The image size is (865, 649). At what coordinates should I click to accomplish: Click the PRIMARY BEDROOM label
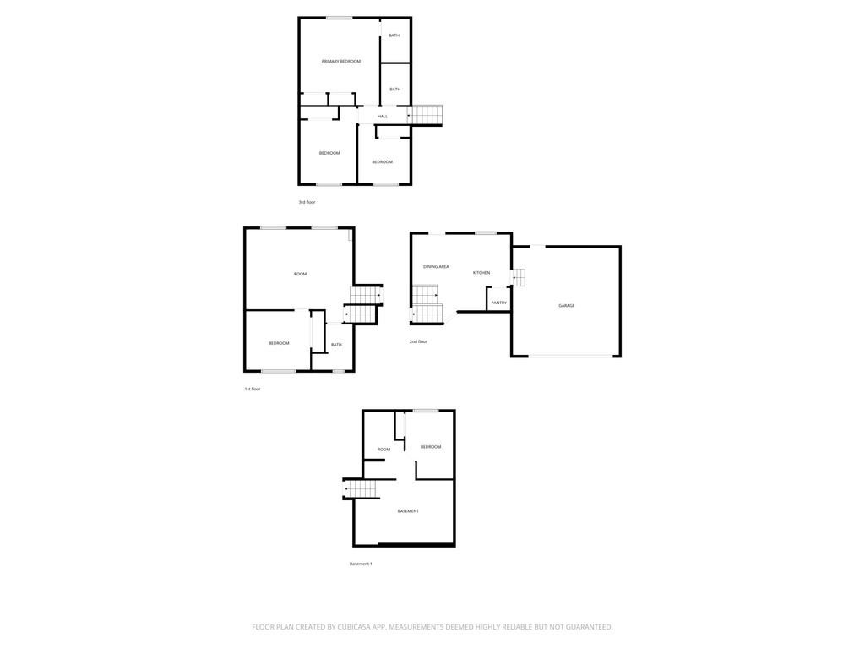pyautogui.click(x=341, y=62)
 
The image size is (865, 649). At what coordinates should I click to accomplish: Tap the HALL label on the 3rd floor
pyautogui.click(x=383, y=117)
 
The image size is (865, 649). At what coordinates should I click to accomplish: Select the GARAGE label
pyautogui.click(x=566, y=306)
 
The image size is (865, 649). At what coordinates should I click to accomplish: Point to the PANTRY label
pyautogui.click(x=498, y=303)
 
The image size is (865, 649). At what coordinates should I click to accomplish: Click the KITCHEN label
pyautogui.click(x=481, y=273)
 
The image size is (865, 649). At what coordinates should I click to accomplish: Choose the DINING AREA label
pyautogui.click(x=436, y=267)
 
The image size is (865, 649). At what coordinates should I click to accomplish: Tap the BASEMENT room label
pyautogui.click(x=408, y=511)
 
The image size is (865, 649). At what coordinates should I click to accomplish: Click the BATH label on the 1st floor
pyautogui.click(x=336, y=345)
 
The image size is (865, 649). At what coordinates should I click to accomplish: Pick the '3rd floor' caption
pyautogui.click(x=307, y=203)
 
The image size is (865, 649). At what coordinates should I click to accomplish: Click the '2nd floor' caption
pyautogui.click(x=418, y=342)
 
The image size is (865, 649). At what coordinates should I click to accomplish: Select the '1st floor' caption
pyautogui.click(x=253, y=390)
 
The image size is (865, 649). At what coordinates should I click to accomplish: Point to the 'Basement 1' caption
pyautogui.click(x=361, y=564)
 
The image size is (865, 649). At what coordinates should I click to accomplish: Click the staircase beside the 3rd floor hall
pyautogui.click(x=426, y=115)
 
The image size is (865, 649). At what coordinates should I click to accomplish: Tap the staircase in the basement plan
pyautogui.click(x=361, y=488)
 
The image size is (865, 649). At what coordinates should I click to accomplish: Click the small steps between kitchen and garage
pyautogui.click(x=520, y=277)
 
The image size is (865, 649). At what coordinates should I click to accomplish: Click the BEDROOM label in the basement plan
pyautogui.click(x=431, y=447)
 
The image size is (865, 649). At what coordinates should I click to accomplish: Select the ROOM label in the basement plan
pyautogui.click(x=384, y=450)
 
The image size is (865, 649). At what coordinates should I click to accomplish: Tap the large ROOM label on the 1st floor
pyautogui.click(x=300, y=275)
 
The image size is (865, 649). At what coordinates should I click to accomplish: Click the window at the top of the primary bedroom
pyautogui.click(x=340, y=18)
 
